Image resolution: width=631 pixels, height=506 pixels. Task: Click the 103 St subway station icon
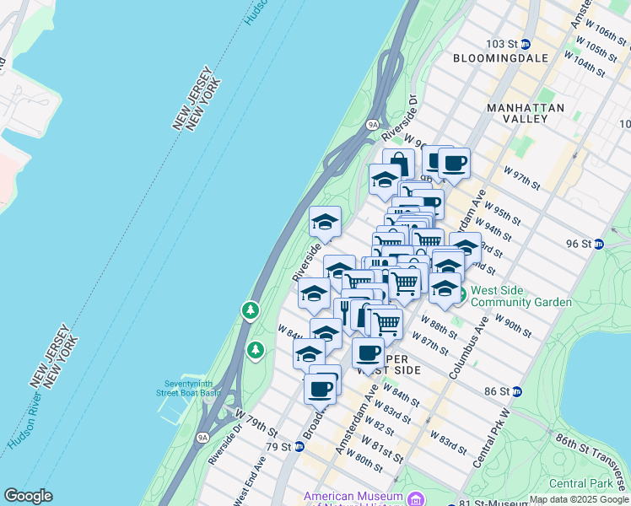[x=526, y=44]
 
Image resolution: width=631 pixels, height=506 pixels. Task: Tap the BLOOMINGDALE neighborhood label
[x=500, y=58]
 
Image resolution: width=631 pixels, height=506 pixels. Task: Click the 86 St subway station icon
[x=517, y=391]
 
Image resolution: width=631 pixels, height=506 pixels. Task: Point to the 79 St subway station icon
[x=299, y=446]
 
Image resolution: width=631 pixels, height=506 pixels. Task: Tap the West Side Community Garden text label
[x=520, y=296]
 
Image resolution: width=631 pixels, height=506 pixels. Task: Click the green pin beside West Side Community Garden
[x=461, y=297]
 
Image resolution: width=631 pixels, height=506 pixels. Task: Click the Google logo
[x=28, y=496]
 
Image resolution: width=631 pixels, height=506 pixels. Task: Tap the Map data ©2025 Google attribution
[x=579, y=499]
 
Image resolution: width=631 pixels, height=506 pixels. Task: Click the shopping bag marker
[x=398, y=162]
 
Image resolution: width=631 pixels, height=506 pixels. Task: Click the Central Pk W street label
[x=492, y=441]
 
